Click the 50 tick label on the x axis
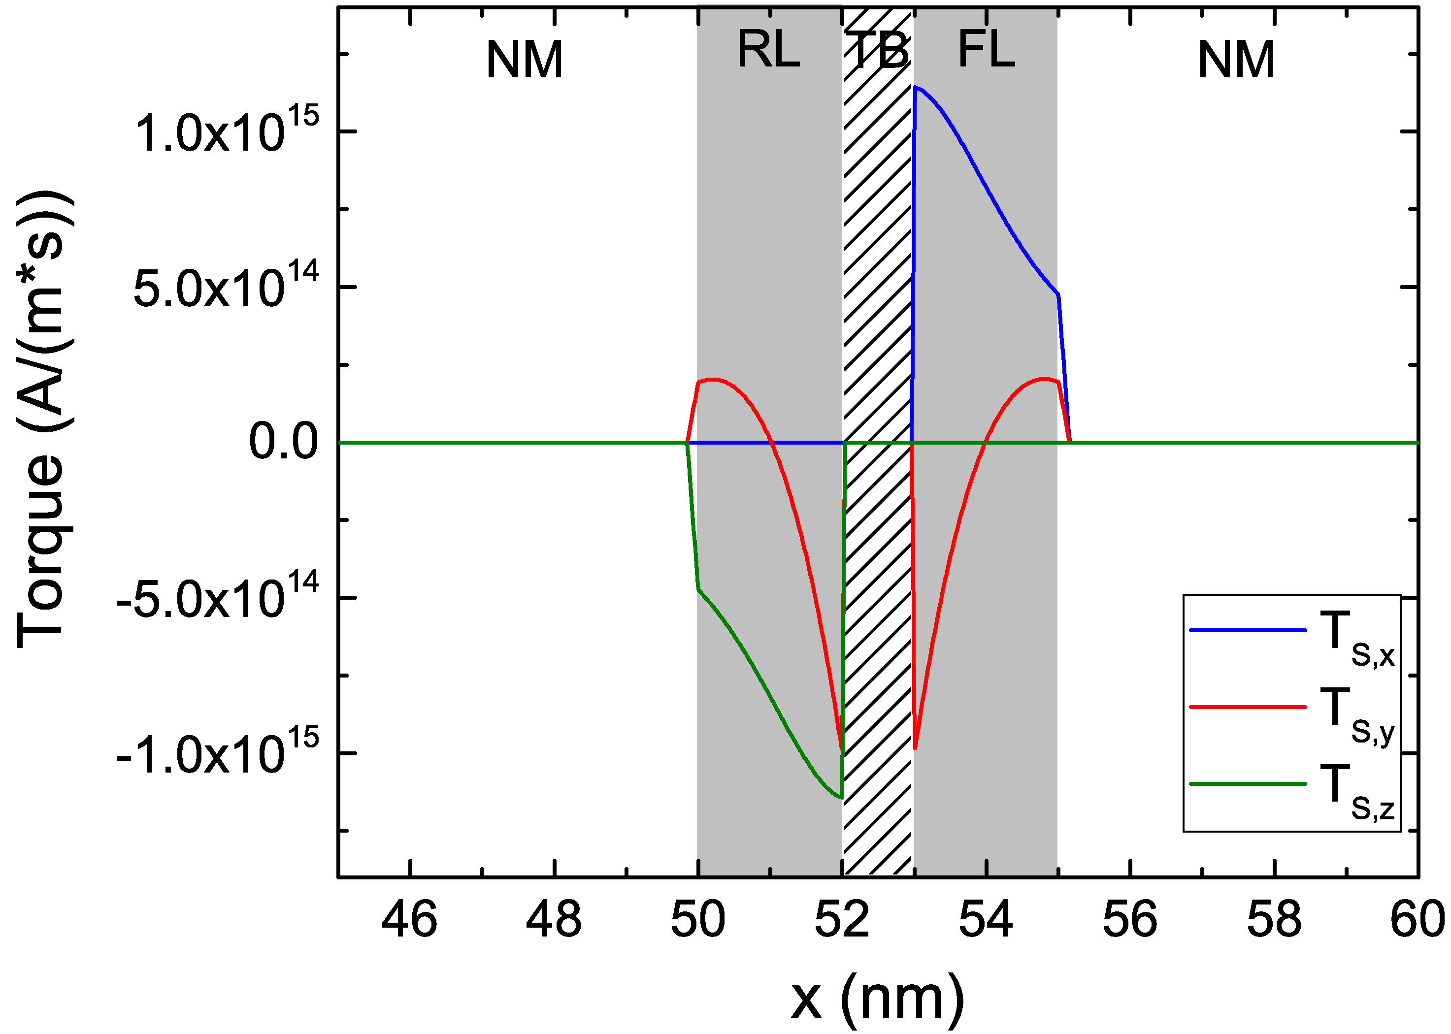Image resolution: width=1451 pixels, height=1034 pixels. (698, 921)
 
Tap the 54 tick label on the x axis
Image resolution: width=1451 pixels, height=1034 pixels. (986, 921)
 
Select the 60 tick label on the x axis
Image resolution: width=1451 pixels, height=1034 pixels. (1417, 921)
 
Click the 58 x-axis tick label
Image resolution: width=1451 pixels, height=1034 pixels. (1274, 921)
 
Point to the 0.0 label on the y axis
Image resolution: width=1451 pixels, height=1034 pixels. (283, 442)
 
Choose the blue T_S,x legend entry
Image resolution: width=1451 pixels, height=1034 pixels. (1293, 637)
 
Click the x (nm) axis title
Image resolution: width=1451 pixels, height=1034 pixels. (878, 999)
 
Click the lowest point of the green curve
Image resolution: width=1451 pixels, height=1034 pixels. (841, 797)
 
